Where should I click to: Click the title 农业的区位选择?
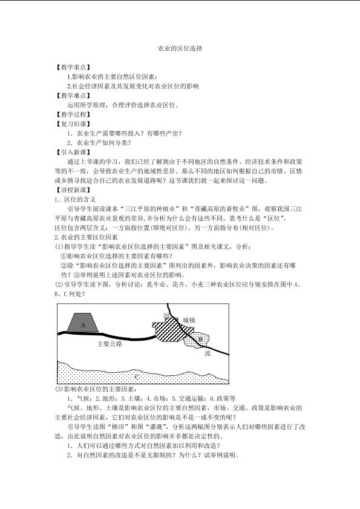[180, 47]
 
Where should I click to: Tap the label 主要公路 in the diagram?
[110, 344]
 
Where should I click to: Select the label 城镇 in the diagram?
[189, 319]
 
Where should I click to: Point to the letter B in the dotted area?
[201, 339]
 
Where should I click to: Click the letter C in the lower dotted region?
[137, 376]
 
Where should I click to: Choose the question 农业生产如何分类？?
[100, 143]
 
